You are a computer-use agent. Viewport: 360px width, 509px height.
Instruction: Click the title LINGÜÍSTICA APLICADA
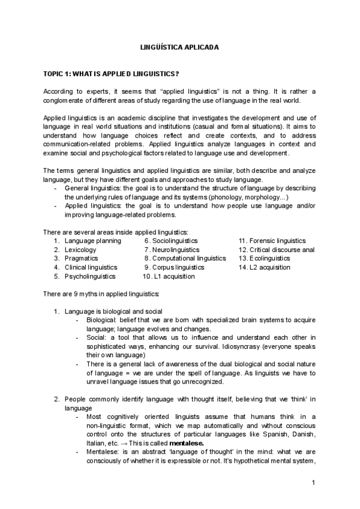[x=179, y=46]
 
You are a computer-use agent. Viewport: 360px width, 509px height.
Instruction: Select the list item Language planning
[x=92, y=241]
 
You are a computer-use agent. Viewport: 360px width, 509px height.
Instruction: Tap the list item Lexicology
[x=80, y=250]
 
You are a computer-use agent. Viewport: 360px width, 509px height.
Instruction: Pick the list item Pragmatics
[x=81, y=259]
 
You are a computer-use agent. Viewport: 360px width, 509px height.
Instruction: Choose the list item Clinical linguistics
[x=91, y=268]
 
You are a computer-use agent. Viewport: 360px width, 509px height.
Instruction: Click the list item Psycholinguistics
[x=90, y=277]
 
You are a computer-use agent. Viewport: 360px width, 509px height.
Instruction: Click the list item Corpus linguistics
[x=178, y=268]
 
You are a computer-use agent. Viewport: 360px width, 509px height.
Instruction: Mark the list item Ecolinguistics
[x=269, y=259]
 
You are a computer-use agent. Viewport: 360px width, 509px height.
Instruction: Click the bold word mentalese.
[x=187, y=443]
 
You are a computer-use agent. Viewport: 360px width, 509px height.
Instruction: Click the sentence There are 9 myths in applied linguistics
[x=101, y=294]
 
